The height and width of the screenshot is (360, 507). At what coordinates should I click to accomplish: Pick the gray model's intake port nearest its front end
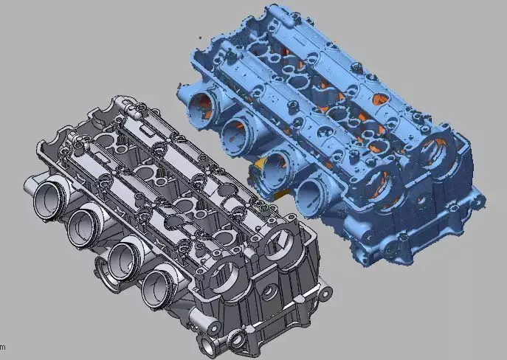coord(158,285)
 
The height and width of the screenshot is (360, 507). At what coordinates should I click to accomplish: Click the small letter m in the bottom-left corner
coord(2,347)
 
